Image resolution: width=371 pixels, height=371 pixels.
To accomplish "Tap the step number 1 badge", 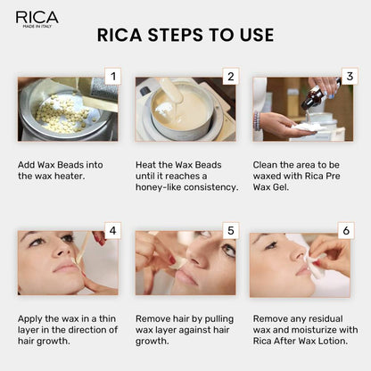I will (x=111, y=76).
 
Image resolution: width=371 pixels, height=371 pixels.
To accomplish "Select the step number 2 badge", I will (x=229, y=76).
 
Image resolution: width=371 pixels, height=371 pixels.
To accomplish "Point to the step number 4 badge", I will (x=111, y=231).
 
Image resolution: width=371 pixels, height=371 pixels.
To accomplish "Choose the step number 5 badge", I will (x=229, y=231).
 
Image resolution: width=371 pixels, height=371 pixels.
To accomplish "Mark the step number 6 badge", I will (x=346, y=231).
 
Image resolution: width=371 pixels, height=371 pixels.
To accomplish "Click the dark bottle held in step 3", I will (x=311, y=100).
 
